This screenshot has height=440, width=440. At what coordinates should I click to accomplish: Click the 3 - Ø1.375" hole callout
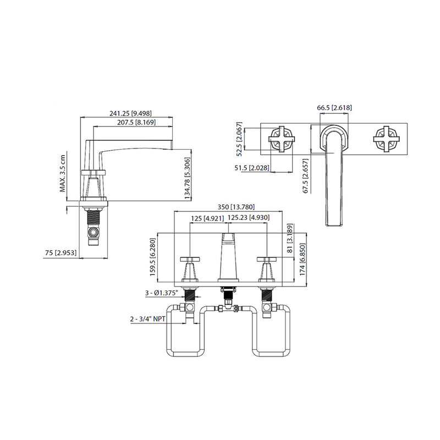click(163, 294)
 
